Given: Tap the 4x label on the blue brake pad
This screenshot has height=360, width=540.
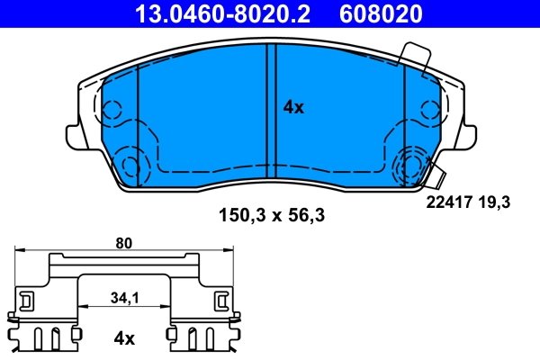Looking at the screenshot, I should tap(293, 108).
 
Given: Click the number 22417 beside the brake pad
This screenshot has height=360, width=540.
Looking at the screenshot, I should tap(446, 203).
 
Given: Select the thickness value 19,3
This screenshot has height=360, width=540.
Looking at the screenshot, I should tap(495, 203).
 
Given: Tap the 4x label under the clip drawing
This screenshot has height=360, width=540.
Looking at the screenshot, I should tap(123, 338).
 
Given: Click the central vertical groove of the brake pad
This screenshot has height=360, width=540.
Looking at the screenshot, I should tap(270, 112).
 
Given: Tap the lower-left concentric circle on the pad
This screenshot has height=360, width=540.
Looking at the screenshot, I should tap(131, 166).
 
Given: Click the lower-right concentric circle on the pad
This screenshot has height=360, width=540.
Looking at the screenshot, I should tap(410, 165).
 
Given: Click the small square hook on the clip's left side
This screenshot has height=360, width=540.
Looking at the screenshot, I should tap(27, 299).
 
